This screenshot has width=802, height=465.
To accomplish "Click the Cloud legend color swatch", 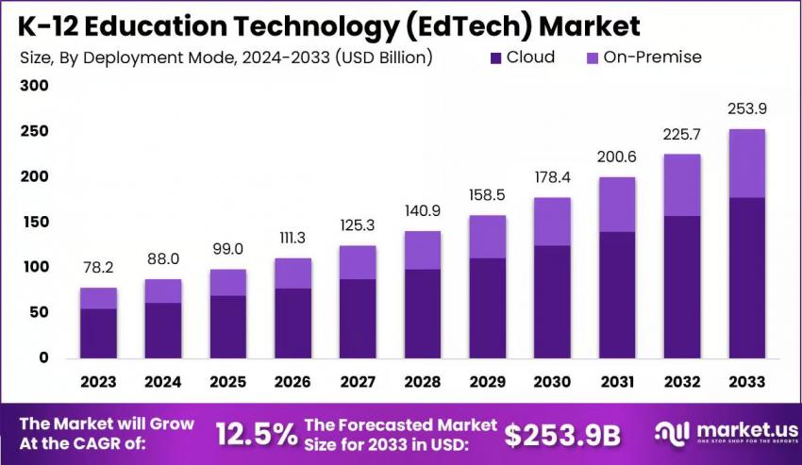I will pos(496,58).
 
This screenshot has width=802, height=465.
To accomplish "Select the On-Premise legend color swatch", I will pos(593,58).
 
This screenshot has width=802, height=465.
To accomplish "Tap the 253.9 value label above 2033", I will pos(746,109).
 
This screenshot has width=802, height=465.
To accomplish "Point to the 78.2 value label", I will pos(98,269).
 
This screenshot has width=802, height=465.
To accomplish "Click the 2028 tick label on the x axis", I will pos(423,383).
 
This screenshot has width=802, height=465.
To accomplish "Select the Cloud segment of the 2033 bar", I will pos(746,277).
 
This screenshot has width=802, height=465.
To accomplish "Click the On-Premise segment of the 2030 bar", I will pos(552,222).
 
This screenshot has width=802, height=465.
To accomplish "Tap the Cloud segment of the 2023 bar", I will pos(98,333).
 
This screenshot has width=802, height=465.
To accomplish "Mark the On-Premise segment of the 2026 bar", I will pos(292,274).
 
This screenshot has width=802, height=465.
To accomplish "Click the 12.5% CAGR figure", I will pos(257,434).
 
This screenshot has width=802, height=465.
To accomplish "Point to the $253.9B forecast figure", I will pos(562,434).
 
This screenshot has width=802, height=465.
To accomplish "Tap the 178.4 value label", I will pos(552,177).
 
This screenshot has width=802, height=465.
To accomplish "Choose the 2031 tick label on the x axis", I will pos(617,383).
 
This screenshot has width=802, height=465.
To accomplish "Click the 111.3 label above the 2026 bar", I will pos(292,239).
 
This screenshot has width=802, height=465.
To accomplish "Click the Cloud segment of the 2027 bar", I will pos(358,318).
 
